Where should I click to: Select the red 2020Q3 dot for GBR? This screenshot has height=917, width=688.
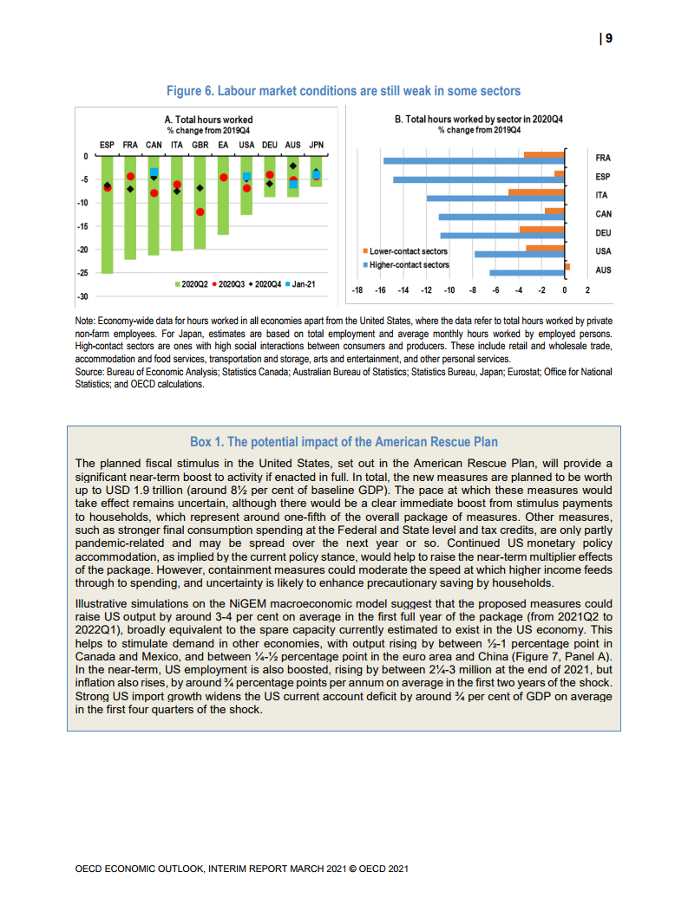(200, 211)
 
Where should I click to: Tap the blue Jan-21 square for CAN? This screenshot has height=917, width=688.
(154, 172)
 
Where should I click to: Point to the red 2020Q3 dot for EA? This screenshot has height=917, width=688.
(223, 178)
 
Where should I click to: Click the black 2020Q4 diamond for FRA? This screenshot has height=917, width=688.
(130, 189)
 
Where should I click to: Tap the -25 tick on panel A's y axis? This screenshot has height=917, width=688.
(85, 273)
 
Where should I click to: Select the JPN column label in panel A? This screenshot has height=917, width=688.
(317, 145)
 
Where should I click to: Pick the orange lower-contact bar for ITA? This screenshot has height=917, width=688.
(536, 192)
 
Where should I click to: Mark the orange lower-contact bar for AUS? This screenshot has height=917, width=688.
(567, 266)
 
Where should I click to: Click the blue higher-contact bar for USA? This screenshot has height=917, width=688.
(519, 254)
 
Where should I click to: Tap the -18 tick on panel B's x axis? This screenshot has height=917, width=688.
(357, 289)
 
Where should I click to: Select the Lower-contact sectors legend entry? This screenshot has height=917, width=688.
(409, 251)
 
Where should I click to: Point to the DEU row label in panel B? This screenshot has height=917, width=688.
(603, 232)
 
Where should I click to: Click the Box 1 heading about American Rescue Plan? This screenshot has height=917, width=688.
(344, 442)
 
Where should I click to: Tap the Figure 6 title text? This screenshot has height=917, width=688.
(344, 90)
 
